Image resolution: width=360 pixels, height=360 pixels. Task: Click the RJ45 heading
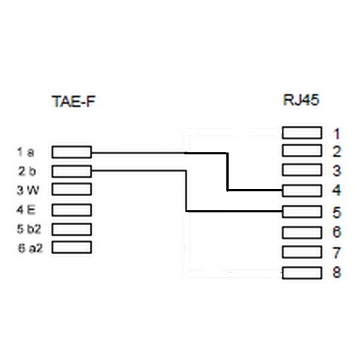[x=300, y=100]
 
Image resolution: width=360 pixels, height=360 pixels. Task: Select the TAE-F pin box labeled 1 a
[x=71, y=152]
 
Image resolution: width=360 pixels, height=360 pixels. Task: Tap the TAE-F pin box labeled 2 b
[x=71, y=171]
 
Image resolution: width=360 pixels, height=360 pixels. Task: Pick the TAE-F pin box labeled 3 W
[x=71, y=190]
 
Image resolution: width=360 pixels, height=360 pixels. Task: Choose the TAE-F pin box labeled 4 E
[x=71, y=210]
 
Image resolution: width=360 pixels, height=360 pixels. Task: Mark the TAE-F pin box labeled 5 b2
[x=71, y=229]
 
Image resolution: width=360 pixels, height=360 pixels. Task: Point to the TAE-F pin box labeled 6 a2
[x=71, y=247]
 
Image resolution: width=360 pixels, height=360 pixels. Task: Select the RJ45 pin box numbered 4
[x=302, y=191]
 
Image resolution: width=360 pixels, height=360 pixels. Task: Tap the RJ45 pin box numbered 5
[x=302, y=211]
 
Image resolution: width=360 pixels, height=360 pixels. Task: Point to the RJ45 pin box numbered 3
[x=302, y=170]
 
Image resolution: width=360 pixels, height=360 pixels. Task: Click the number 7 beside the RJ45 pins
[x=337, y=253]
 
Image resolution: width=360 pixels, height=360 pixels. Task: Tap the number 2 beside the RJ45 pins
[x=337, y=151]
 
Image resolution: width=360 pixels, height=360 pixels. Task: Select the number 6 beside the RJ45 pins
[x=337, y=232]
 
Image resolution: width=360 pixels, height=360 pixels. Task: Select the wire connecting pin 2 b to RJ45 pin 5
[x=188, y=192]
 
